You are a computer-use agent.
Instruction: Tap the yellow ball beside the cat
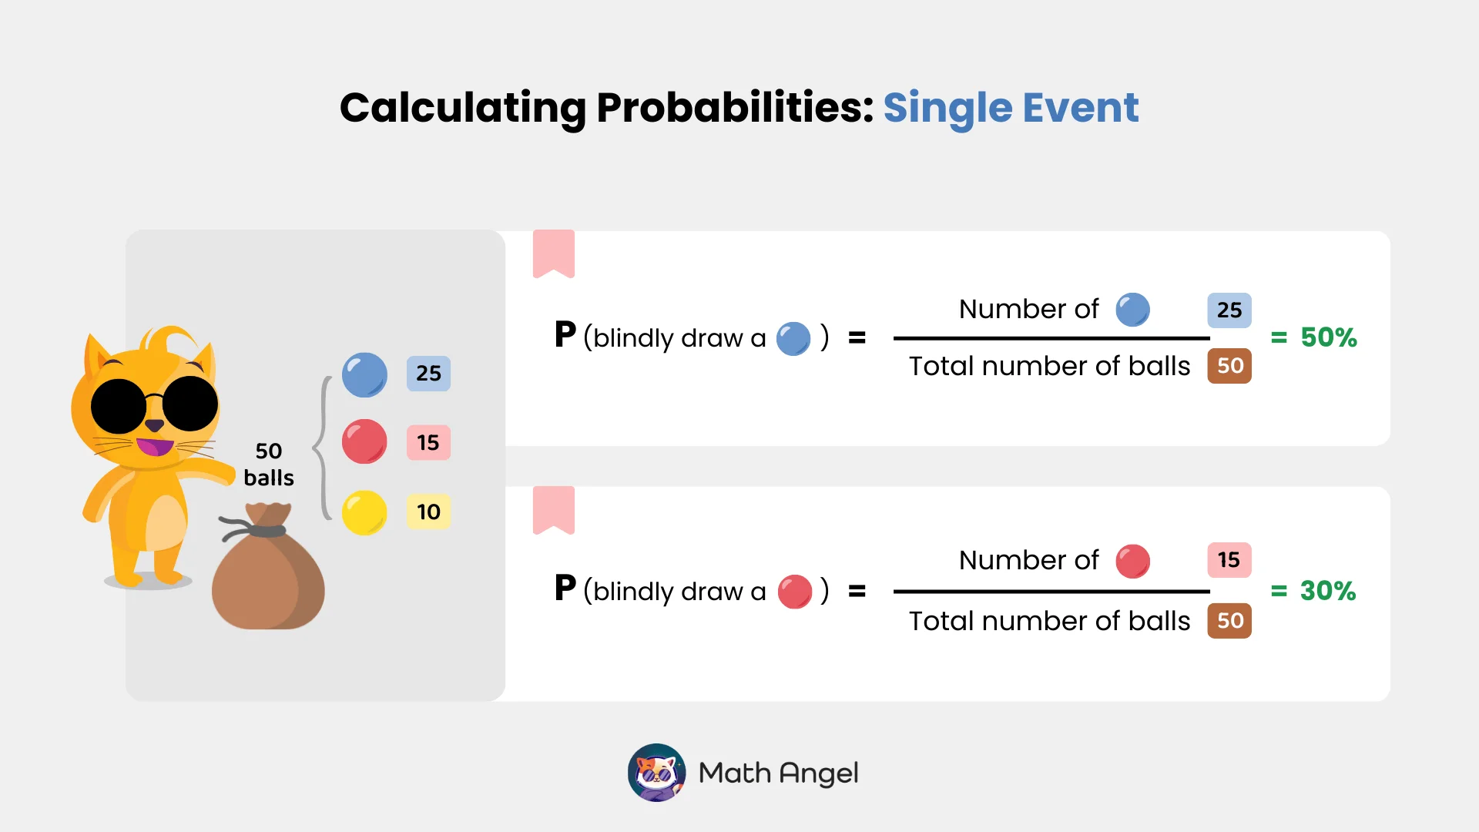pos(364,512)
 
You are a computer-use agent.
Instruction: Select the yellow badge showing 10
pos(428,512)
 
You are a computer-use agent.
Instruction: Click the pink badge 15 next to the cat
pos(428,442)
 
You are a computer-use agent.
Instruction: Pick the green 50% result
pos(1328,337)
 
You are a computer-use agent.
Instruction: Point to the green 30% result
pos(1327,591)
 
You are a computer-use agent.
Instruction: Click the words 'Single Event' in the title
pos(1010,108)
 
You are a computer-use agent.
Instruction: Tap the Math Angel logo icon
pos(656,772)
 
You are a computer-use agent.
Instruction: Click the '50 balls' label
pos(269,464)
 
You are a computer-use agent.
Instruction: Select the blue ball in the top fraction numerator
pos(1132,310)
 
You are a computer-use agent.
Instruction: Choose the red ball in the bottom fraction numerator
pos(1132,561)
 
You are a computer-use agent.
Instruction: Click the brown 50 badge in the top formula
pos(1229,366)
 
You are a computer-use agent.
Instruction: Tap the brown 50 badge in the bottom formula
pos(1229,621)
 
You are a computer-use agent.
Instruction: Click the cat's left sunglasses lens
pos(118,406)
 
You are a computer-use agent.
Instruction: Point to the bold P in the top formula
pos(565,335)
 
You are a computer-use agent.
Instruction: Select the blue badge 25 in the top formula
pos(1229,310)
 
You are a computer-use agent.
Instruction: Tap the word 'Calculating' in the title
pos(462,108)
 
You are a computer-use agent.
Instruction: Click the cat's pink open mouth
pos(156,447)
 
